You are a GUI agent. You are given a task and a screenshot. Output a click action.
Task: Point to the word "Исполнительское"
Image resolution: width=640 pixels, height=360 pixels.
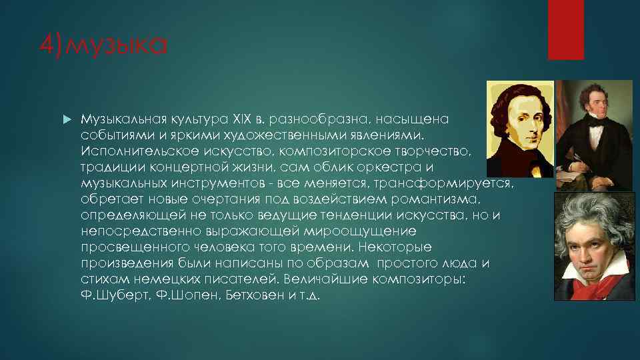click(137, 153)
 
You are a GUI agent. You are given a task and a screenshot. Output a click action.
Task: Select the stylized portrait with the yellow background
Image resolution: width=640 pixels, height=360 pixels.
click(519, 129)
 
